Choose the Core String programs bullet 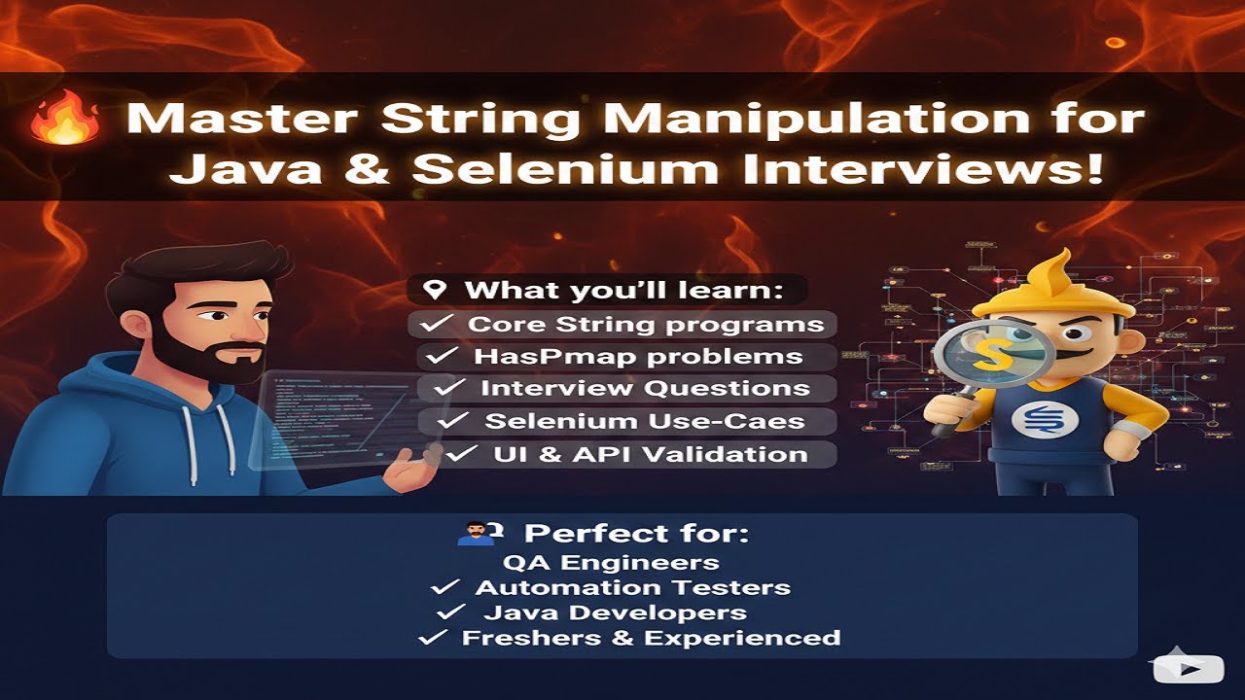click(645, 325)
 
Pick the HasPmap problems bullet click(638, 357)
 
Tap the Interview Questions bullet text click(645, 389)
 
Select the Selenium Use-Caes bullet click(645, 422)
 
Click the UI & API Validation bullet click(650, 454)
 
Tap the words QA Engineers click(611, 563)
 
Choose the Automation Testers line click(632, 588)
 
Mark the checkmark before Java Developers click(450, 613)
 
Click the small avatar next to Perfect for click(474, 534)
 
